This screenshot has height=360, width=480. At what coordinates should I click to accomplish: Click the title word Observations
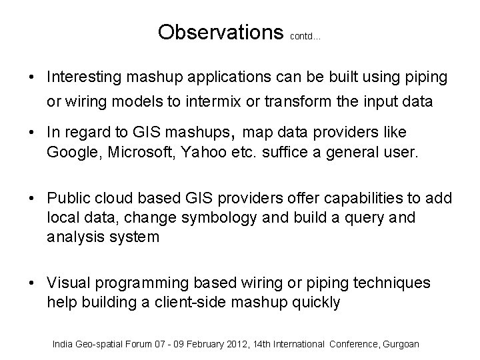pyautogui.click(x=221, y=32)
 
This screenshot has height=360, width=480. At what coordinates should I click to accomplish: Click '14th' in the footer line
pyautogui.click(x=253, y=344)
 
